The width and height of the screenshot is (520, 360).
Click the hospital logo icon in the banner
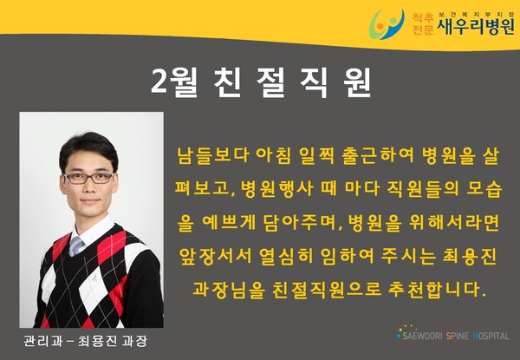click(x=387, y=24)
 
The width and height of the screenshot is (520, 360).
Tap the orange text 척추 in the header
click(x=423, y=17)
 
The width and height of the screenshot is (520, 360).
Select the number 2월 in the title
click(x=174, y=83)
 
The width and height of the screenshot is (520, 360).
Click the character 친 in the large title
click(x=227, y=83)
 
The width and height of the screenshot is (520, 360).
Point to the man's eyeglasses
click(x=89, y=178)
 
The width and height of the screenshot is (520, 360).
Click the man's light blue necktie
click(x=76, y=245)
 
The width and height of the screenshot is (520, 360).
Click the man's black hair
click(x=88, y=149)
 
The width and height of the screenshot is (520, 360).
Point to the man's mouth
click(x=90, y=200)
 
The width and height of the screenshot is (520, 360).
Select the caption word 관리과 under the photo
click(x=42, y=341)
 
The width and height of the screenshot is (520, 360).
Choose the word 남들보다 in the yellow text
click(x=213, y=155)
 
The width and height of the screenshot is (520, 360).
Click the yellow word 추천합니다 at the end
click(x=437, y=291)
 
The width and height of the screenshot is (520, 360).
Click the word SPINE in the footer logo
click(x=458, y=336)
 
